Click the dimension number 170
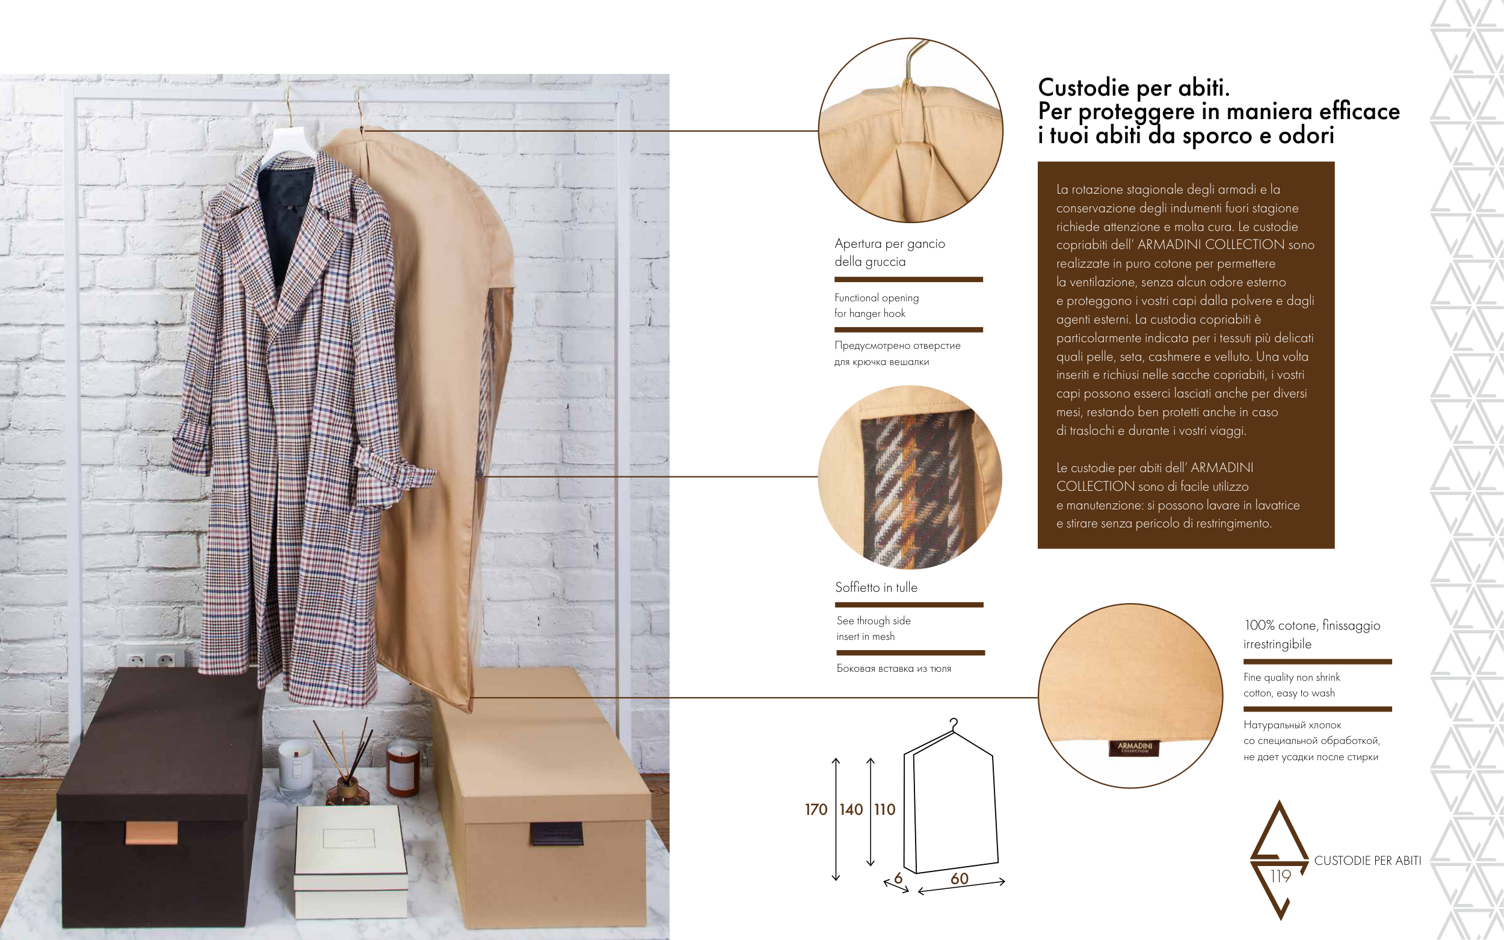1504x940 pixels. point(816,809)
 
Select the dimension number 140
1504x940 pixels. point(851,809)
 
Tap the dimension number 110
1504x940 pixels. point(885,809)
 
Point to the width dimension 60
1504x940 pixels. point(960,879)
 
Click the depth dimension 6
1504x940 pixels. point(898,878)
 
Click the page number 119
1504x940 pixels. point(1281,876)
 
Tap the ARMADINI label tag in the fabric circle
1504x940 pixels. point(1135,748)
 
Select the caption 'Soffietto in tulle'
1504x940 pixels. point(876,588)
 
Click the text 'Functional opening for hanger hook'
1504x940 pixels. point(876,306)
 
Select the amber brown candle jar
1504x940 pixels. point(403,769)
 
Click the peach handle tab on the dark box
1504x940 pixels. point(152,832)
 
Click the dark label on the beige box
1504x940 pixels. point(556,834)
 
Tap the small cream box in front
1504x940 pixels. point(351,862)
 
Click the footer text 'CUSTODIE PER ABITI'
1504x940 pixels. point(1368,861)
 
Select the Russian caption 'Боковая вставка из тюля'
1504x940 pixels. point(893,669)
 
